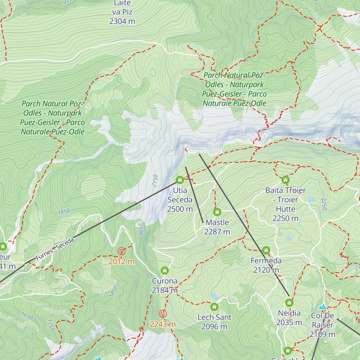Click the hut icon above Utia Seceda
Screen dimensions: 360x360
point(180,180)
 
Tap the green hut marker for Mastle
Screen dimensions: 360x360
point(217,212)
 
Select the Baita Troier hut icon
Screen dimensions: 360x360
point(285,180)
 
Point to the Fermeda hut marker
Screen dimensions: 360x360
point(266,250)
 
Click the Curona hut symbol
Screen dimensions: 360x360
point(164,271)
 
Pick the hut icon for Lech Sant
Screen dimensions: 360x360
point(214,307)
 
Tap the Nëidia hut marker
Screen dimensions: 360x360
point(289,302)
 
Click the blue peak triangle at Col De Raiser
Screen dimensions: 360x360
point(323,307)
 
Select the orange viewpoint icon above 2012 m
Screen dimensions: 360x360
point(121,251)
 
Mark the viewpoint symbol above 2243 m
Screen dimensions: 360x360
point(163,314)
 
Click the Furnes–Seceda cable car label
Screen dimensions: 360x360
point(55,249)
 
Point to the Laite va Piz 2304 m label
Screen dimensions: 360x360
point(122,12)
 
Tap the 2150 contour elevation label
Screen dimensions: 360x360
point(155,181)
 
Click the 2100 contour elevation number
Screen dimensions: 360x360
point(140,229)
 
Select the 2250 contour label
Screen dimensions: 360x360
point(324,204)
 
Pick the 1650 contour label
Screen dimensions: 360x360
point(27,316)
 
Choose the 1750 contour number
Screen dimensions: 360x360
point(50,325)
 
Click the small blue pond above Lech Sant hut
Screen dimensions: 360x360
point(214,296)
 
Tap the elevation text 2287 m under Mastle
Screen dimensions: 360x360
point(217,232)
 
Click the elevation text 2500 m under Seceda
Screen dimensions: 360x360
point(180,209)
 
